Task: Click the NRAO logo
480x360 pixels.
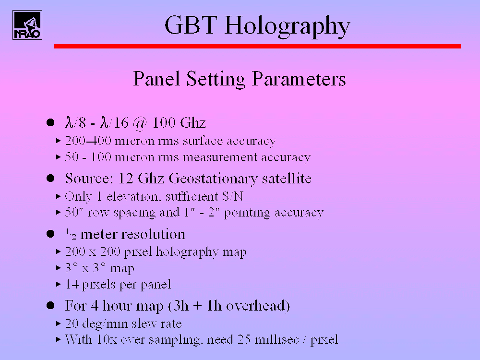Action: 27,25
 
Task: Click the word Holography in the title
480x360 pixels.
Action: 287,26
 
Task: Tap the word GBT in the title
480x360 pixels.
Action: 191,24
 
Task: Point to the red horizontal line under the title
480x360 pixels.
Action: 257,46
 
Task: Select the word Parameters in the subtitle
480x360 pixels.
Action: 299,79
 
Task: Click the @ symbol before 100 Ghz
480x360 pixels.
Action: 140,123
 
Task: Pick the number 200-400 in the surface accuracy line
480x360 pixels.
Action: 88,141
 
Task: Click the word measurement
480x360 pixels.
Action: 220,157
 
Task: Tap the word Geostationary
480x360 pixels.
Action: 213,179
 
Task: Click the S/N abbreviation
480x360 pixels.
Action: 233,196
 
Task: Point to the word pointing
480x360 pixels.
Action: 247,213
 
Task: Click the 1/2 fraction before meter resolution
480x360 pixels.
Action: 71,234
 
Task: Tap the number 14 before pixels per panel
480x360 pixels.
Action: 72,284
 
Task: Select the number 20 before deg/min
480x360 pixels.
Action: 72,323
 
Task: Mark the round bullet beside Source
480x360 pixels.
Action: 50,178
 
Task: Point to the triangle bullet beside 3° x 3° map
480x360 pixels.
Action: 59,268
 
